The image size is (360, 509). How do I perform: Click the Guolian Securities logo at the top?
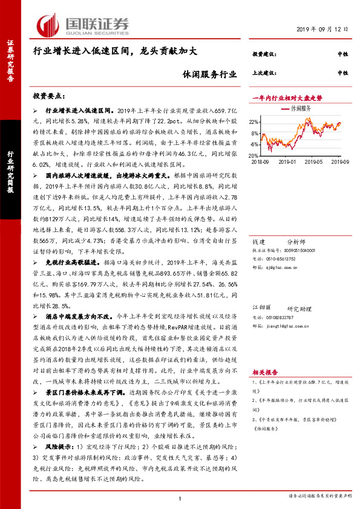coord(84,25)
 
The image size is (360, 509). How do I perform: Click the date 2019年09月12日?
coord(324,29)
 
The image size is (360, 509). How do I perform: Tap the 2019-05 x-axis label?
coord(315,162)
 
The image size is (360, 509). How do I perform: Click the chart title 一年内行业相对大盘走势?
coord(287,97)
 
